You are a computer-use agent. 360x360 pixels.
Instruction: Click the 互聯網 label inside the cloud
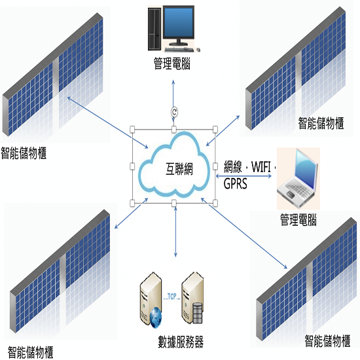[x=179, y=169]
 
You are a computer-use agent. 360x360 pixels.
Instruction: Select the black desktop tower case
[x=154, y=29]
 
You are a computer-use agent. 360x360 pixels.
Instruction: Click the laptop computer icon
[x=297, y=177]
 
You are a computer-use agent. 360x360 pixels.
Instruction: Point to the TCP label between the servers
[x=172, y=297]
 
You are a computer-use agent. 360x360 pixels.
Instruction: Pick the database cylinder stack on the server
[x=198, y=313]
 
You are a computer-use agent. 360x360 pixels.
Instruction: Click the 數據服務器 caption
[x=181, y=342]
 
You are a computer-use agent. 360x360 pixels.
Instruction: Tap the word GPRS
[x=236, y=184]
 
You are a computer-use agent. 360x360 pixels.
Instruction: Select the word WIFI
[x=261, y=167]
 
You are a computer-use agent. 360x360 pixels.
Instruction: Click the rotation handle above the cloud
[x=174, y=112]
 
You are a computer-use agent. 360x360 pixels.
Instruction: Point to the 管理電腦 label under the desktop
[x=172, y=63]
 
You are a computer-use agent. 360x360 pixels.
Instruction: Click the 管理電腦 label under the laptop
[x=298, y=220]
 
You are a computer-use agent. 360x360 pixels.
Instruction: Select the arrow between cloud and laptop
[x=244, y=176]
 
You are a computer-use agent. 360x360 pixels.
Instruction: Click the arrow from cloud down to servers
[x=175, y=232]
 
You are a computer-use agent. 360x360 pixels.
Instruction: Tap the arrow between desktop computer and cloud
[x=173, y=100]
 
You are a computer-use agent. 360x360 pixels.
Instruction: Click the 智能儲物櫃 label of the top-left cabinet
[x=24, y=153]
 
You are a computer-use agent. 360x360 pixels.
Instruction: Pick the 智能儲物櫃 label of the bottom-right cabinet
[x=327, y=341]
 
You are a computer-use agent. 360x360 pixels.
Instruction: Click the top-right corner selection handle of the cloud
[x=215, y=130]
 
